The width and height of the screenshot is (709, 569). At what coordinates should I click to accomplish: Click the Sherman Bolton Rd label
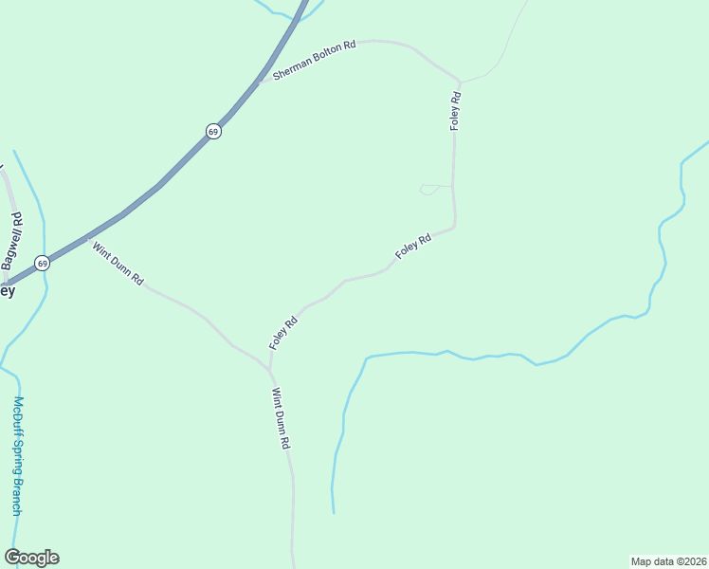(x=314, y=59)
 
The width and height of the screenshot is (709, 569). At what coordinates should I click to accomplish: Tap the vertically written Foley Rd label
(x=456, y=110)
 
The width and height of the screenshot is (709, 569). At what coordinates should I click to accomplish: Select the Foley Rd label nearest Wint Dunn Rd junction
(x=283, y=333)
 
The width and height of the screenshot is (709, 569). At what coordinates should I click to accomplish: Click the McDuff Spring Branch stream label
(x=17, y=455)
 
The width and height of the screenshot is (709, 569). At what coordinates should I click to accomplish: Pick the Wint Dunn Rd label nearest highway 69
(x=118, y=265)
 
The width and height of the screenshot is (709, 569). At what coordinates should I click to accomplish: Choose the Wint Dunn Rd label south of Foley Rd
(x=281, y=418)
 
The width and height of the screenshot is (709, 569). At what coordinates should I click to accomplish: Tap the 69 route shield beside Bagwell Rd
(x=42, y=263)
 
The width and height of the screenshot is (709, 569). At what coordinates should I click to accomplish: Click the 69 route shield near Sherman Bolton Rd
(x=214, y=131)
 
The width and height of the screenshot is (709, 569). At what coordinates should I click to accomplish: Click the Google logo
(x=31, y=558)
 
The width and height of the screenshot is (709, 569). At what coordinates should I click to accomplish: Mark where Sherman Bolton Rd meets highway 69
(x=261, y=82)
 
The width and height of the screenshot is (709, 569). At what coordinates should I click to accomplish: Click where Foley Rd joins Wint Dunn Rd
(x=270, y=368)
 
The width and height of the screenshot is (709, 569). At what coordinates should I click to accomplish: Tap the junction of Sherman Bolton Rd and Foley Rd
(x=459, y=82)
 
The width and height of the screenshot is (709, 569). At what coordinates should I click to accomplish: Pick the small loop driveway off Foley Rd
(x=428, y=190)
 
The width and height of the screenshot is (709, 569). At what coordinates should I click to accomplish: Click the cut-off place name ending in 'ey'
(x=7, y=291)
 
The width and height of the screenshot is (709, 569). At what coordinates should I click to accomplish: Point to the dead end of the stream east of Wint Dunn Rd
(x=334, y=512)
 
